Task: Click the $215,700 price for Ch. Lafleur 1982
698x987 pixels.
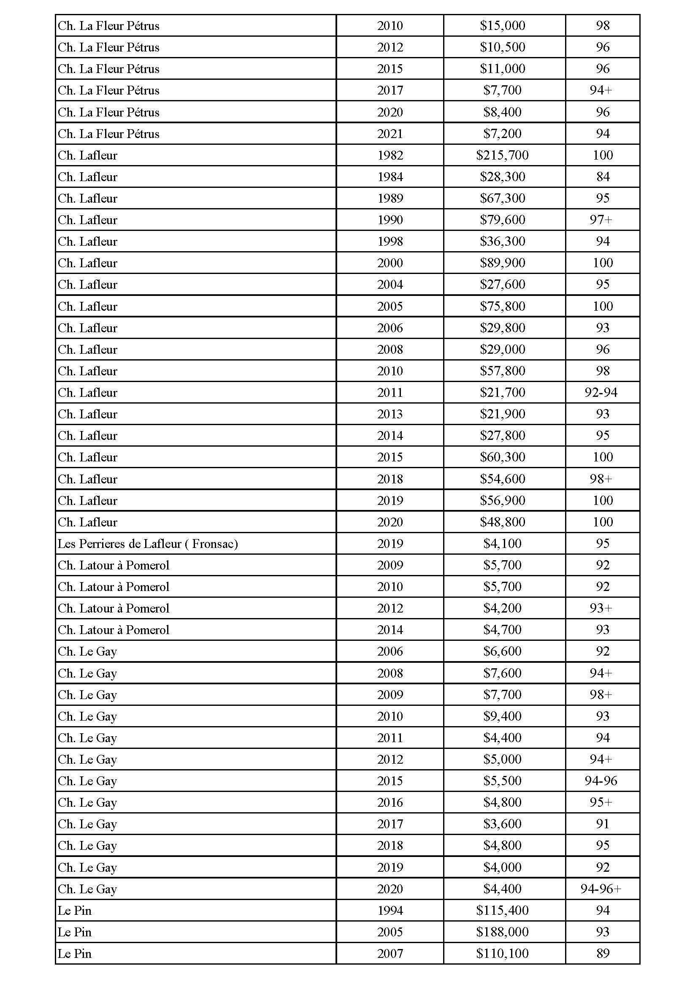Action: click(502, 155)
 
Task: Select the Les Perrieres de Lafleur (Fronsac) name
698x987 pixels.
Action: click(148, 544)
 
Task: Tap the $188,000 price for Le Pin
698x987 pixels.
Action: click(502, 932)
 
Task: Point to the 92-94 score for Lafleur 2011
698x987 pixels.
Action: click(601, 393)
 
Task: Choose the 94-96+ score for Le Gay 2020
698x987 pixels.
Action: click(601, 889)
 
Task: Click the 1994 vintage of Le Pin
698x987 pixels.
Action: click(390, 910)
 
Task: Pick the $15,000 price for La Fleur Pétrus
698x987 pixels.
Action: click(502, 26)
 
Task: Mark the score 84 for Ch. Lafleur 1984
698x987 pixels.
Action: click(603, 177)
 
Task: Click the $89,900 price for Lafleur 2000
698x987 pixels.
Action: click(502, 263)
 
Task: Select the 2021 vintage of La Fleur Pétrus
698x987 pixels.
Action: click(390, 134)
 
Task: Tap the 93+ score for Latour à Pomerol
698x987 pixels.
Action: click(601, 608)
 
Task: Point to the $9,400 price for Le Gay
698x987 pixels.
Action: click(502, 716)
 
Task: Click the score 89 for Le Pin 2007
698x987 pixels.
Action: click(603, 953)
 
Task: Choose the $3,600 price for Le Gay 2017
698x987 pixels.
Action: click(502, 824)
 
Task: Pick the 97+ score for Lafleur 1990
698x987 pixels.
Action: click(601, 220)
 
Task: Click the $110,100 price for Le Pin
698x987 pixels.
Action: click(502, 953)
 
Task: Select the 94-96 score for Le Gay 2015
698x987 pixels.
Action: click(601, 781)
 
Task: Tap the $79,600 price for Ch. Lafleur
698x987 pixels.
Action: click(502, 220)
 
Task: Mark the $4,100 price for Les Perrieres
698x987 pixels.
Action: click(502, 543)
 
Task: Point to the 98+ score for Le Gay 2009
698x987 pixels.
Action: click(601, 694)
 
